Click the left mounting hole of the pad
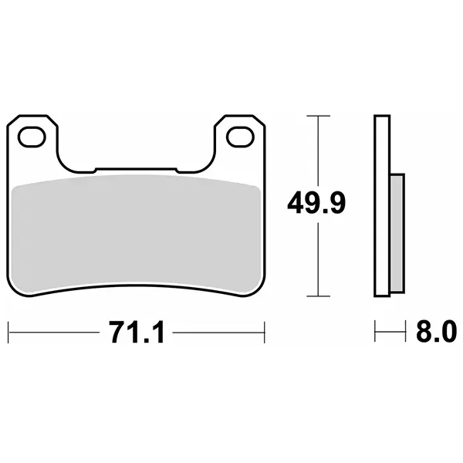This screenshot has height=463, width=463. click(x=32, y=137)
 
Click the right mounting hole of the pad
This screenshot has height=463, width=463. click(x=240, y=137)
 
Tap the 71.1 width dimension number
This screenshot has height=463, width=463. click(x=137, y=332)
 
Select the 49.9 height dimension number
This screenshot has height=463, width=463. click(x=316, y=204)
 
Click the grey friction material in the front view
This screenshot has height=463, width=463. click(x=136, y=233)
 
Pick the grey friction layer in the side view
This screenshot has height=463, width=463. click(x=397, y=233)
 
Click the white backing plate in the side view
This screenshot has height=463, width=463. click(x=382, y=205)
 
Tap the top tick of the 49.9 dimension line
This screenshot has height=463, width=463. click(x=318, y=116)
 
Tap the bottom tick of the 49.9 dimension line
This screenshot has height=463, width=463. click(x=318, y=296)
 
